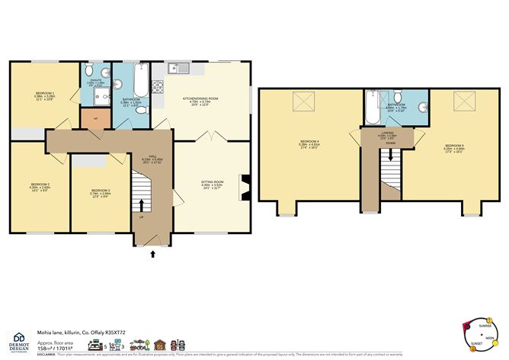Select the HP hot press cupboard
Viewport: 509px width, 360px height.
[94, 119]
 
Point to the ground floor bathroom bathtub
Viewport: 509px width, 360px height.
[142, 78]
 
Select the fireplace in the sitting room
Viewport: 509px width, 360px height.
[245, 186]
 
